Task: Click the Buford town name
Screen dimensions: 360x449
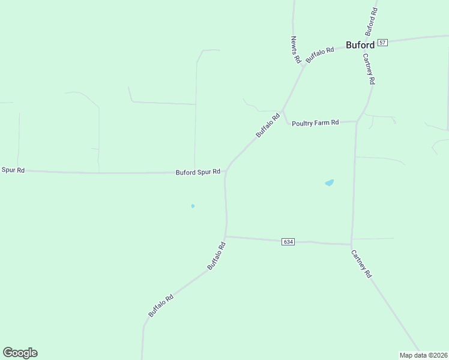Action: tap(360, 44)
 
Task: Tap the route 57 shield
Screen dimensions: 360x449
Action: tap(383, 43)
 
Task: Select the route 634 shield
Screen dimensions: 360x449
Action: tap(288, 241)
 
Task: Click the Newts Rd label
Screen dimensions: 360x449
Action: tap(295, 50)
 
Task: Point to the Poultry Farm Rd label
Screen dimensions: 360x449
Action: tap(315, 122)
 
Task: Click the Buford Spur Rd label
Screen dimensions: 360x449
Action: tap(198, 172)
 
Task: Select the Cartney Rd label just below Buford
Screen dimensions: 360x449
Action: tap(369, 68)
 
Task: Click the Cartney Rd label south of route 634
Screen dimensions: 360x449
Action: tap(362, 264)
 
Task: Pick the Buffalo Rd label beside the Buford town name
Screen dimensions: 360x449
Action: tap(319, 55)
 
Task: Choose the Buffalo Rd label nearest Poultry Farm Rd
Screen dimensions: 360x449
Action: tap(268, 126)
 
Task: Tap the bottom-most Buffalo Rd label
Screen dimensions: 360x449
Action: tap(161, 305)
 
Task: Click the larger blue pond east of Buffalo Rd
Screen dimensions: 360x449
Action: tap(329, 182)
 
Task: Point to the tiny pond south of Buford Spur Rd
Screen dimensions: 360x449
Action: tap(193, 206)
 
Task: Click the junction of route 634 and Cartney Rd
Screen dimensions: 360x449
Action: tap(351, 244)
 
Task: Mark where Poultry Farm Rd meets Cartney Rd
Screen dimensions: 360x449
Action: tap(357, 122)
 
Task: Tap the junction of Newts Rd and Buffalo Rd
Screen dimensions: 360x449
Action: tap(306, 63)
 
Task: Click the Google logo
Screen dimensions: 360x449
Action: tap(20, 353)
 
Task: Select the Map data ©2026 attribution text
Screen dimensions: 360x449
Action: tap(423, 355)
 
